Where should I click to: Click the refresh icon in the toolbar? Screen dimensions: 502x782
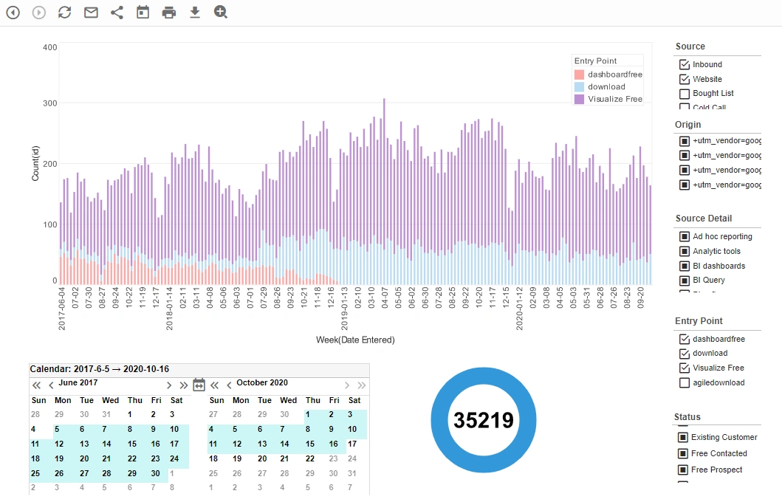65,13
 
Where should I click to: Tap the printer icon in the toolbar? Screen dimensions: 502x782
169,13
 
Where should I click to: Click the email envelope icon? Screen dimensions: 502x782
91,13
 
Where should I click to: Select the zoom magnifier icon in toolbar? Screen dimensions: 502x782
221,12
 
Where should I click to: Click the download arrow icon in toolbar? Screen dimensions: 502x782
195,13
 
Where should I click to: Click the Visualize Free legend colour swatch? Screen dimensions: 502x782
579,99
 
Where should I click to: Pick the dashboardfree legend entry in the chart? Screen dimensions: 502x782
614,75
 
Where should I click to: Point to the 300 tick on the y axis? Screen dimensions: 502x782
49,103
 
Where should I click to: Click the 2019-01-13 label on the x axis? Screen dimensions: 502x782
345,310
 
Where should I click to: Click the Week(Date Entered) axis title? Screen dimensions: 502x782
355,340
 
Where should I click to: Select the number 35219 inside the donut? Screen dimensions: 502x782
483,420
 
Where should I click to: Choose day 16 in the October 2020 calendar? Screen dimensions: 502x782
333,444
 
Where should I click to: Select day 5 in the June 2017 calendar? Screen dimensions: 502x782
56,429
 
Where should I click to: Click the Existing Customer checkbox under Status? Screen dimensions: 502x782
682,438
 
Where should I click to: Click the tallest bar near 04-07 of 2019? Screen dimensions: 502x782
384,185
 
